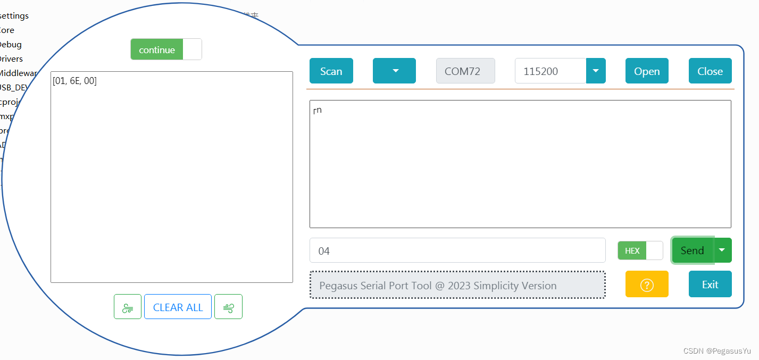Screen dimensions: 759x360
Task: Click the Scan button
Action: [331, 71]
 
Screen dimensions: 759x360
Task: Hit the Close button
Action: [710, 71]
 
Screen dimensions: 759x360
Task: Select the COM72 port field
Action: [465, 71]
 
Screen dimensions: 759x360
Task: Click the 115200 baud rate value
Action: [550, 71]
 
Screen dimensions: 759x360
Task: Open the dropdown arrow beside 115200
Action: [596, 71]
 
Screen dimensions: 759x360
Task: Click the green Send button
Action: [693, 250]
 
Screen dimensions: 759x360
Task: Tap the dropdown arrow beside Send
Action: [722, 250]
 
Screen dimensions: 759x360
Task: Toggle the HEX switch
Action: [640, 250]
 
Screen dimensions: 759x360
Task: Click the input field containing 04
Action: [457, 250]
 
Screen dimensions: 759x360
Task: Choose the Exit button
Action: [710, 284]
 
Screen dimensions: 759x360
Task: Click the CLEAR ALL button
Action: [178, 307]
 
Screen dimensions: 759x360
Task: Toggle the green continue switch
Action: [165, 50]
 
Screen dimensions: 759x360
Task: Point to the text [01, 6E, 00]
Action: [74, 81]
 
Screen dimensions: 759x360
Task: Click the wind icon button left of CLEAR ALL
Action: [128, 307]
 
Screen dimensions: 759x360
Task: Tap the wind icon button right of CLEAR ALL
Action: [228, 307]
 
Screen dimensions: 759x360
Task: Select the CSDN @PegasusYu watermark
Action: [717, 351]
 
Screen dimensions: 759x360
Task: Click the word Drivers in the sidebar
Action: [11, 59]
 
